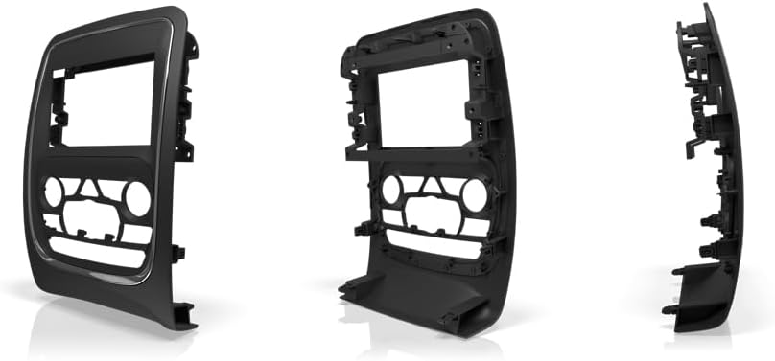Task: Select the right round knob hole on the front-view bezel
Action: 136,199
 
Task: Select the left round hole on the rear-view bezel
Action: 391,190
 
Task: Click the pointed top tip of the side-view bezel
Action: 708,8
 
